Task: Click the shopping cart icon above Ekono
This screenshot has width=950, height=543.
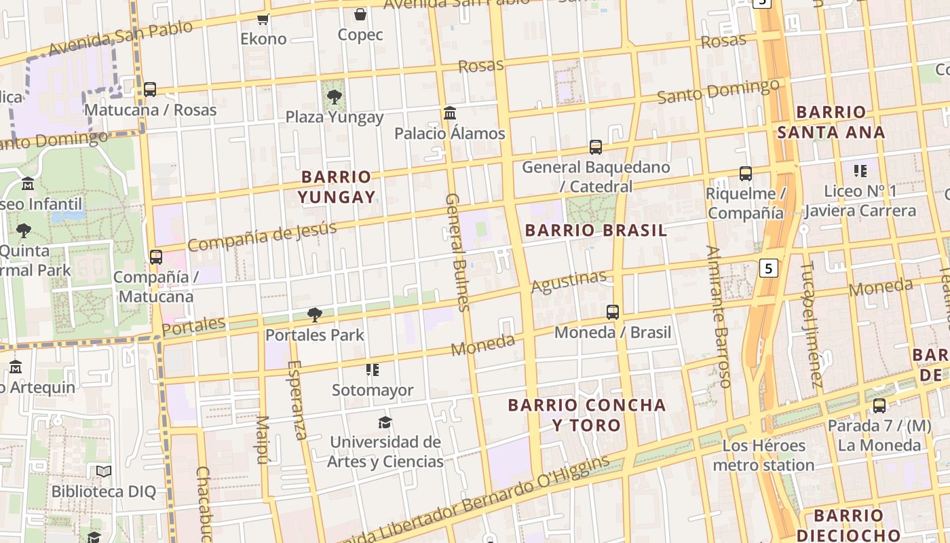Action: (263, 19)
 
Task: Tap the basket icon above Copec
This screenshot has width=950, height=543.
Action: (360, 14)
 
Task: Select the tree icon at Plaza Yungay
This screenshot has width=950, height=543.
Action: (334, 97)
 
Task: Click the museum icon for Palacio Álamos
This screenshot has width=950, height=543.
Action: (450, 113)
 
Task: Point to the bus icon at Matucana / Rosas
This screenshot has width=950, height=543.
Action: (150, 90)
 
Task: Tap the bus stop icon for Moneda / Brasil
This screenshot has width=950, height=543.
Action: (613, 312)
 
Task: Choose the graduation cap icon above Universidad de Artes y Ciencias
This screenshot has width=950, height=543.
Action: (385, 422)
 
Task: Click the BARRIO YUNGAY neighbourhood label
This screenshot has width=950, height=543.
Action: (337, 187)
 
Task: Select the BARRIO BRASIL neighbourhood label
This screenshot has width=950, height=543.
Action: (596, 230)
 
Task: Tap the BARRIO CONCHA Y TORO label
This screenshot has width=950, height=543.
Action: (587, 415)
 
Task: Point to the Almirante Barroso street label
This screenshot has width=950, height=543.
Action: (718, 316)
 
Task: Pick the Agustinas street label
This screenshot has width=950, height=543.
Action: (569, 282)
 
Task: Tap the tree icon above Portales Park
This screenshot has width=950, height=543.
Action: (314, 314)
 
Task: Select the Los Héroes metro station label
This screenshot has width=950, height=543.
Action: (763, 455)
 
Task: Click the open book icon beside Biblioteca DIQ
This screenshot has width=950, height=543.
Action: (103, 471)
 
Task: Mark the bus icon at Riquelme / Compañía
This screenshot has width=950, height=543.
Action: (746, 174)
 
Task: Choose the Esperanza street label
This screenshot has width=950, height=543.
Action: (297, 400)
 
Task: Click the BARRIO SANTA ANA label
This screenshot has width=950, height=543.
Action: (831, 122)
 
